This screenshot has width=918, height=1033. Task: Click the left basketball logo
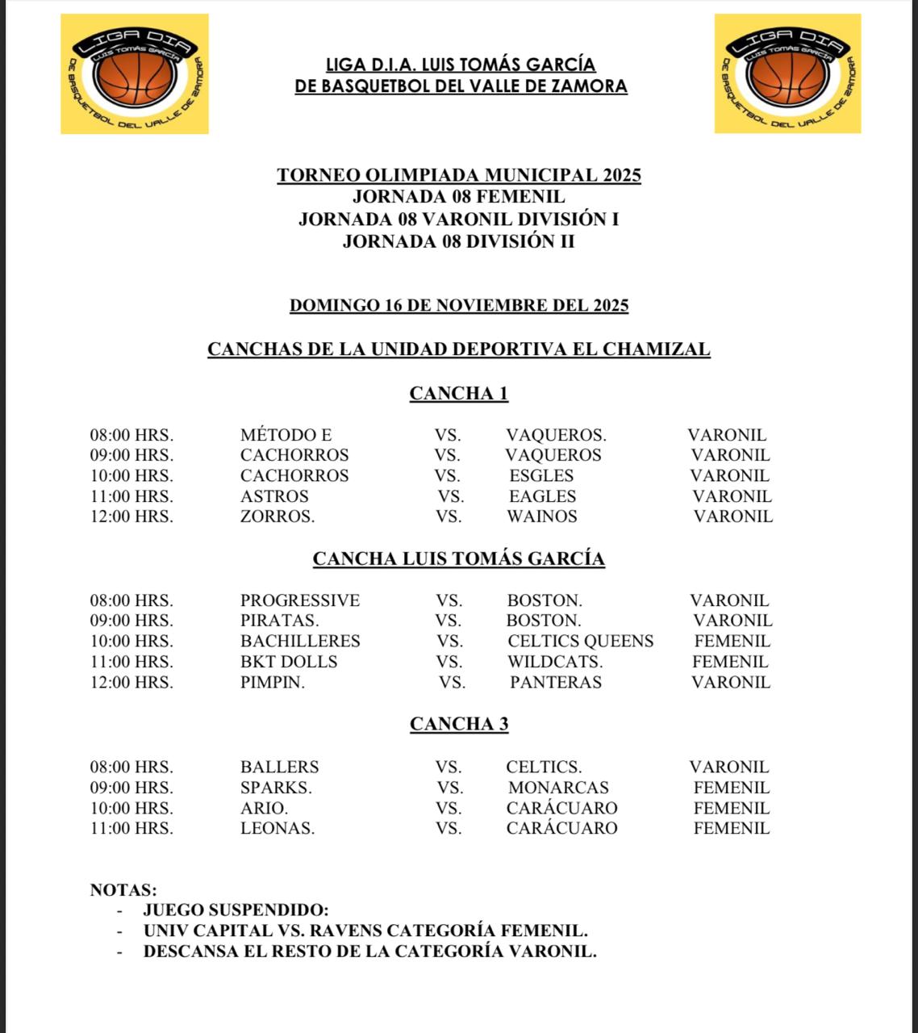(135, 73)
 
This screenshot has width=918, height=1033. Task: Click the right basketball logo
(787, 73)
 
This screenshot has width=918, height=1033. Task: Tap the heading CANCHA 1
(458, 393)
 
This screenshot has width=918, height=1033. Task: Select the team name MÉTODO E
(286, 435)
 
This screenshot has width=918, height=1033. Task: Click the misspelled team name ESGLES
(540, 475)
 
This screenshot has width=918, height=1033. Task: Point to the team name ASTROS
(274, 496)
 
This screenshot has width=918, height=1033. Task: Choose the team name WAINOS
(541, 516)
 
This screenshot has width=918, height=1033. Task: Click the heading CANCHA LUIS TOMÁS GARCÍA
(458, 558)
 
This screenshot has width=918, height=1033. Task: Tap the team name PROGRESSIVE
(299, 600)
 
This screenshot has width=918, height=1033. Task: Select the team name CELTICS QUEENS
(580, 642)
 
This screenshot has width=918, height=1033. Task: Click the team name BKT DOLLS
(288, 662)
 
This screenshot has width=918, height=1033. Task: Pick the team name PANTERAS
(555, 682)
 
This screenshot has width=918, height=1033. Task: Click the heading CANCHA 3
(458, 724)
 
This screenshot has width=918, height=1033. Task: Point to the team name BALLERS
(279, 767)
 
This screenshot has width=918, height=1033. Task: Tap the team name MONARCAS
(557, 788)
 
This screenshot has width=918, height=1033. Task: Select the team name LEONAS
(277, 828)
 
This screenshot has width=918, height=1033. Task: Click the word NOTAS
(123, 890)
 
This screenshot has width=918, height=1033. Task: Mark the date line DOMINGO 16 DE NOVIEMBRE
(458, 305)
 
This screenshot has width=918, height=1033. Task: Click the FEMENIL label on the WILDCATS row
(729, 662)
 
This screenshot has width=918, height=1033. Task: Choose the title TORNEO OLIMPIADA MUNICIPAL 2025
(458, 175)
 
